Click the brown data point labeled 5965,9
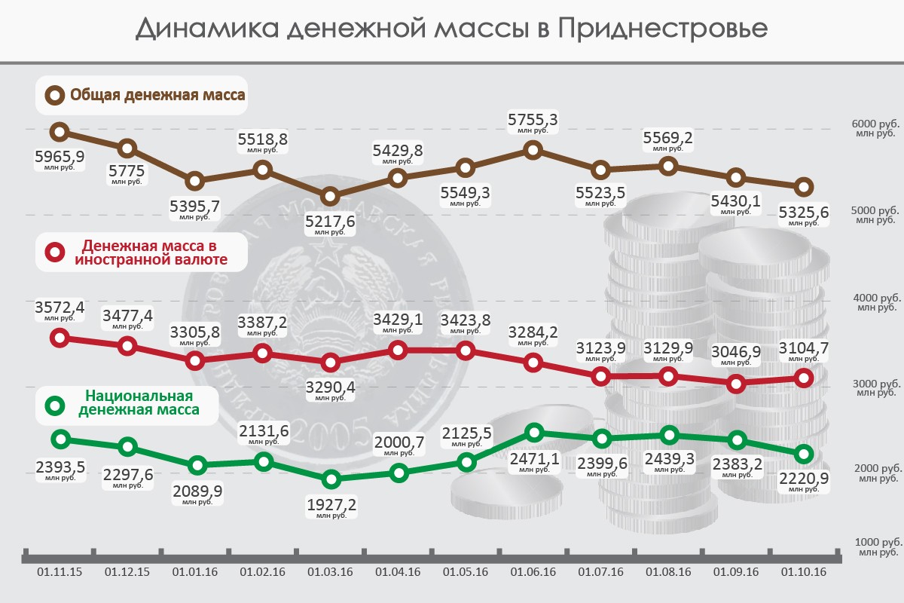[x=60, y=133]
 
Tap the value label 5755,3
[x=533, y=120]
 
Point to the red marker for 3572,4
[x=60, y=338]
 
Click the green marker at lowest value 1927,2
[x=330, y=479]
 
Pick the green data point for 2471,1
[x=534, y=432]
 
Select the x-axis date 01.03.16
[x=330, y=572]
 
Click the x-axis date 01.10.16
[x=804, y=572]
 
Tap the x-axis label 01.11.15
[x=60, y=572]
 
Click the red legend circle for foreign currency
[x=55, y=252]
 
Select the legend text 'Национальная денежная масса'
[x=139, y=403]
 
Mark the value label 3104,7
[x=803, y=347]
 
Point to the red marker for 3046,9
[x=738, y=383]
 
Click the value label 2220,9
[x=803, y=478]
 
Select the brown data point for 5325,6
[x=804, y=186]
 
